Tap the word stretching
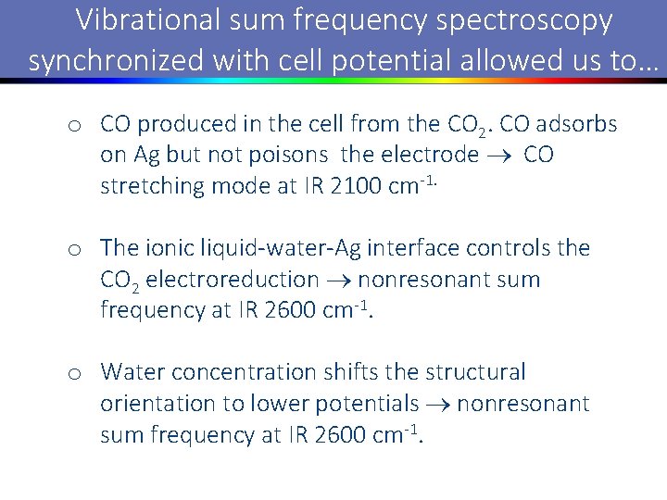152,186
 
